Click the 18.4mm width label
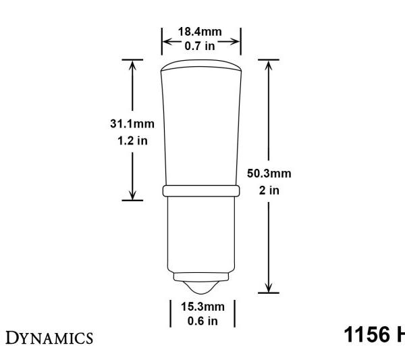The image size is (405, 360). coord(200,30)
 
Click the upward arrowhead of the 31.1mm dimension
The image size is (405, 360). coord(133,64)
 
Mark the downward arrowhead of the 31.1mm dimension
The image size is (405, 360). coord(133,195)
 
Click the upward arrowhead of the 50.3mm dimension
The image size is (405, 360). coord(270,64)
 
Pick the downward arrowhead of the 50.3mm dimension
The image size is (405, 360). coord(270,288)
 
